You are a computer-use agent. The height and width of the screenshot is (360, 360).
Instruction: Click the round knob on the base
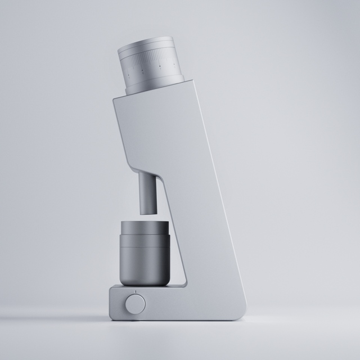click(x=135, y=304)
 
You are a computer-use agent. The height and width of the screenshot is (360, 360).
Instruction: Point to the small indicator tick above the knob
click(x=135, y=291)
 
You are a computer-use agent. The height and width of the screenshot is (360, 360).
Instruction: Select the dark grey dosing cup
click(x=144, y=253)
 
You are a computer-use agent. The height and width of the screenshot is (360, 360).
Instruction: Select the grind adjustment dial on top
click(x=151, y=62)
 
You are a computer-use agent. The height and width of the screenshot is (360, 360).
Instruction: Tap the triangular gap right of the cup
click(x=179, y=264)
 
